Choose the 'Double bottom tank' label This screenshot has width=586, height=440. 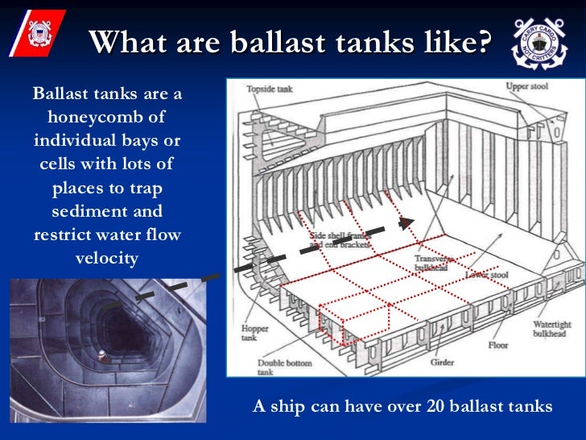tap(265, 367)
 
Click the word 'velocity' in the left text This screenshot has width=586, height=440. tap(107, 259)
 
